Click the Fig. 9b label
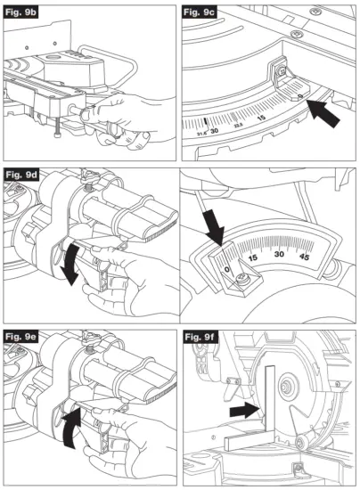26,15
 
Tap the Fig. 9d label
26,174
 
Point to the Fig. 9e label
26,336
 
